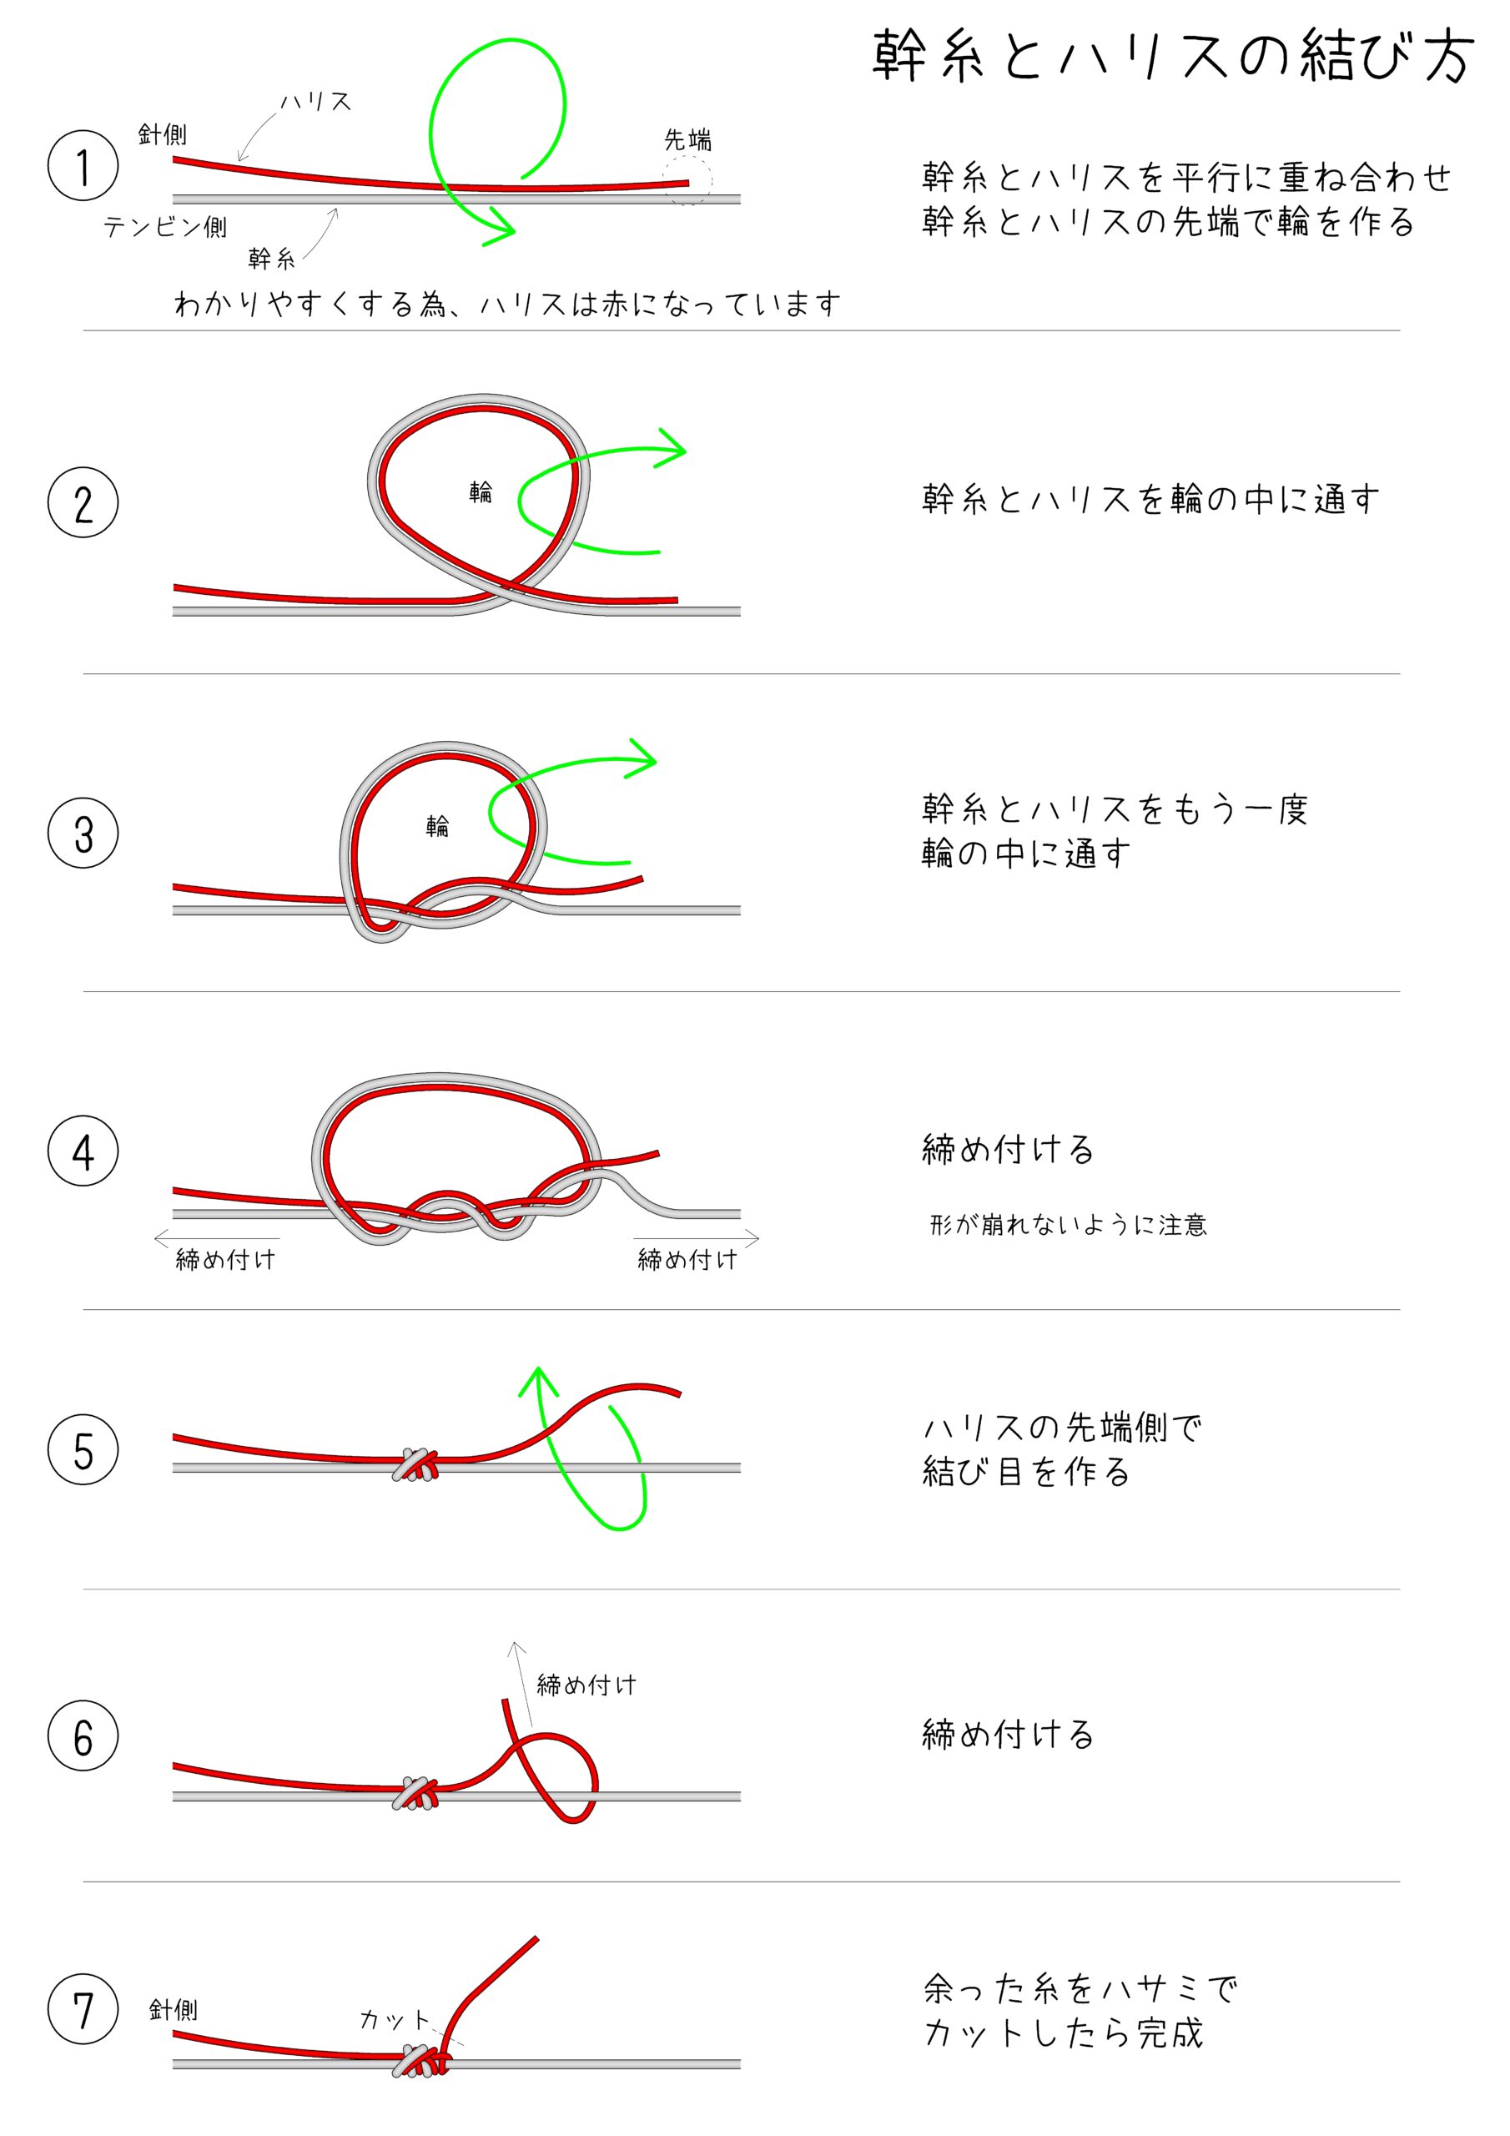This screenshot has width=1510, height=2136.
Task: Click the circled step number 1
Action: pos(83,165)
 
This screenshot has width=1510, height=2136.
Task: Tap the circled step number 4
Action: pos(83,1151)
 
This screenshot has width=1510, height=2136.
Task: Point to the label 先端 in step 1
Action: pos(687,140)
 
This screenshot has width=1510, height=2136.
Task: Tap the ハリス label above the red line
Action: pos(316,102)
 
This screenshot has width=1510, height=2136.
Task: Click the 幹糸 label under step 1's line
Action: pos(272,259)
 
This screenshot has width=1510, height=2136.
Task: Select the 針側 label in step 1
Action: pos(162,135)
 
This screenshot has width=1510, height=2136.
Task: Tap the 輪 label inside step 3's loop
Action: pos(437,825)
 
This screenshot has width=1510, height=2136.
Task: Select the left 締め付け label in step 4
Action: pos(226,1260)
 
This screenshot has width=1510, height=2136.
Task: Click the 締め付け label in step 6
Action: pos(587,1685)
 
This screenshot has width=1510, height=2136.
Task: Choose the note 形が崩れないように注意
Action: pos(1068,1224)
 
